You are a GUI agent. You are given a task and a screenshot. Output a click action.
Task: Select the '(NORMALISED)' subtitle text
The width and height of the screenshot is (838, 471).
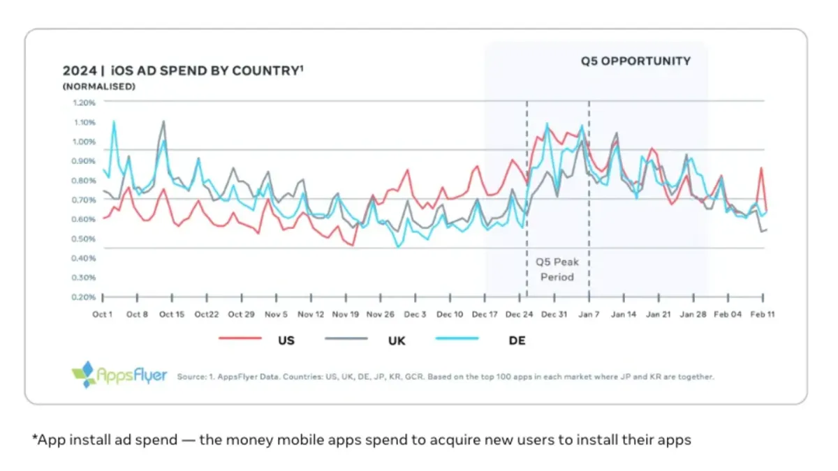[98, 87]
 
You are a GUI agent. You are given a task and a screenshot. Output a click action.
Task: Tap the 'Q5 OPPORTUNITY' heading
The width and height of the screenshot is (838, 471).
[635, 61]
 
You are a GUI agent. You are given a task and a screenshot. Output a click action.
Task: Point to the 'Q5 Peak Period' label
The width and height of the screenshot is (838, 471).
[557, 269]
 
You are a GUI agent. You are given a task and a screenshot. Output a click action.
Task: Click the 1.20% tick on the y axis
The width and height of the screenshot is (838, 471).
[83, 103]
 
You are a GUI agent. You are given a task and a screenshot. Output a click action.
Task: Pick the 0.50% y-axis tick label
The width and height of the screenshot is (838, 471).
[83, 239]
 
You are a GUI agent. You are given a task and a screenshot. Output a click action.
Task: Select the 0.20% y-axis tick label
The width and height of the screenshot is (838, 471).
[83, 297]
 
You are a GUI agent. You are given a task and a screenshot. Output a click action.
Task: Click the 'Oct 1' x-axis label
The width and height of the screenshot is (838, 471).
[102, 315]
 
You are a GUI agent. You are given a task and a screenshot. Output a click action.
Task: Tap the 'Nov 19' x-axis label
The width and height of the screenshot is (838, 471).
[345, 315]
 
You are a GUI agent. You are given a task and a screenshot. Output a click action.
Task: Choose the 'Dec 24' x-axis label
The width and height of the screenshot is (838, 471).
[519, 315]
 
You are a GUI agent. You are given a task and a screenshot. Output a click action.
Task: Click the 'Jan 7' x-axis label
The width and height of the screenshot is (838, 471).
[589, 315]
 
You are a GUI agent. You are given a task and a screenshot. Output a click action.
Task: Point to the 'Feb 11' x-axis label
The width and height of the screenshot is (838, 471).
[762, 315]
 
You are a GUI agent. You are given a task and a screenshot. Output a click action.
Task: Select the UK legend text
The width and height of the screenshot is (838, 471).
[397, 341]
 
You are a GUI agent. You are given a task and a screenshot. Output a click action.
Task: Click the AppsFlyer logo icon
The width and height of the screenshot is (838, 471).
[83, 374]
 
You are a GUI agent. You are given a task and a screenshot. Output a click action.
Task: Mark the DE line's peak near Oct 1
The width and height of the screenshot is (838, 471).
[114, 121]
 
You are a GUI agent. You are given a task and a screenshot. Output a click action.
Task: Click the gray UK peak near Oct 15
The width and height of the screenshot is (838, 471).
[163, 121]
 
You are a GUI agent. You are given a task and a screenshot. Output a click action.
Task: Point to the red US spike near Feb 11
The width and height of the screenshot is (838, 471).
[761, 167]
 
